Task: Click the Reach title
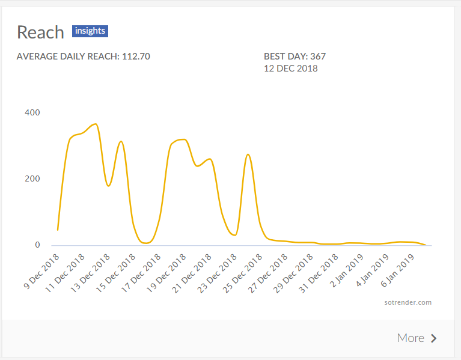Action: (x=41, y=32)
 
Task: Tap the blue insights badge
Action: (x=90, y=31)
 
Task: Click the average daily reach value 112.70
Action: (x=136, y=56)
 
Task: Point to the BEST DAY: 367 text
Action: (x=295, y=56)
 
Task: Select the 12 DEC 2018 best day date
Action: (x=291, y=69)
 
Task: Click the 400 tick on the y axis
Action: (x=32, y=112)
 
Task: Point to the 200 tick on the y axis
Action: (x=32, y=178)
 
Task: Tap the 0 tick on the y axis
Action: (x=37, y=245)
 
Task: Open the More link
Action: (x=411, y=338)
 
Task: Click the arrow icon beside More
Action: (x=434, y=338)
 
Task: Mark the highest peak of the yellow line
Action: (x=95, y=124)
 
